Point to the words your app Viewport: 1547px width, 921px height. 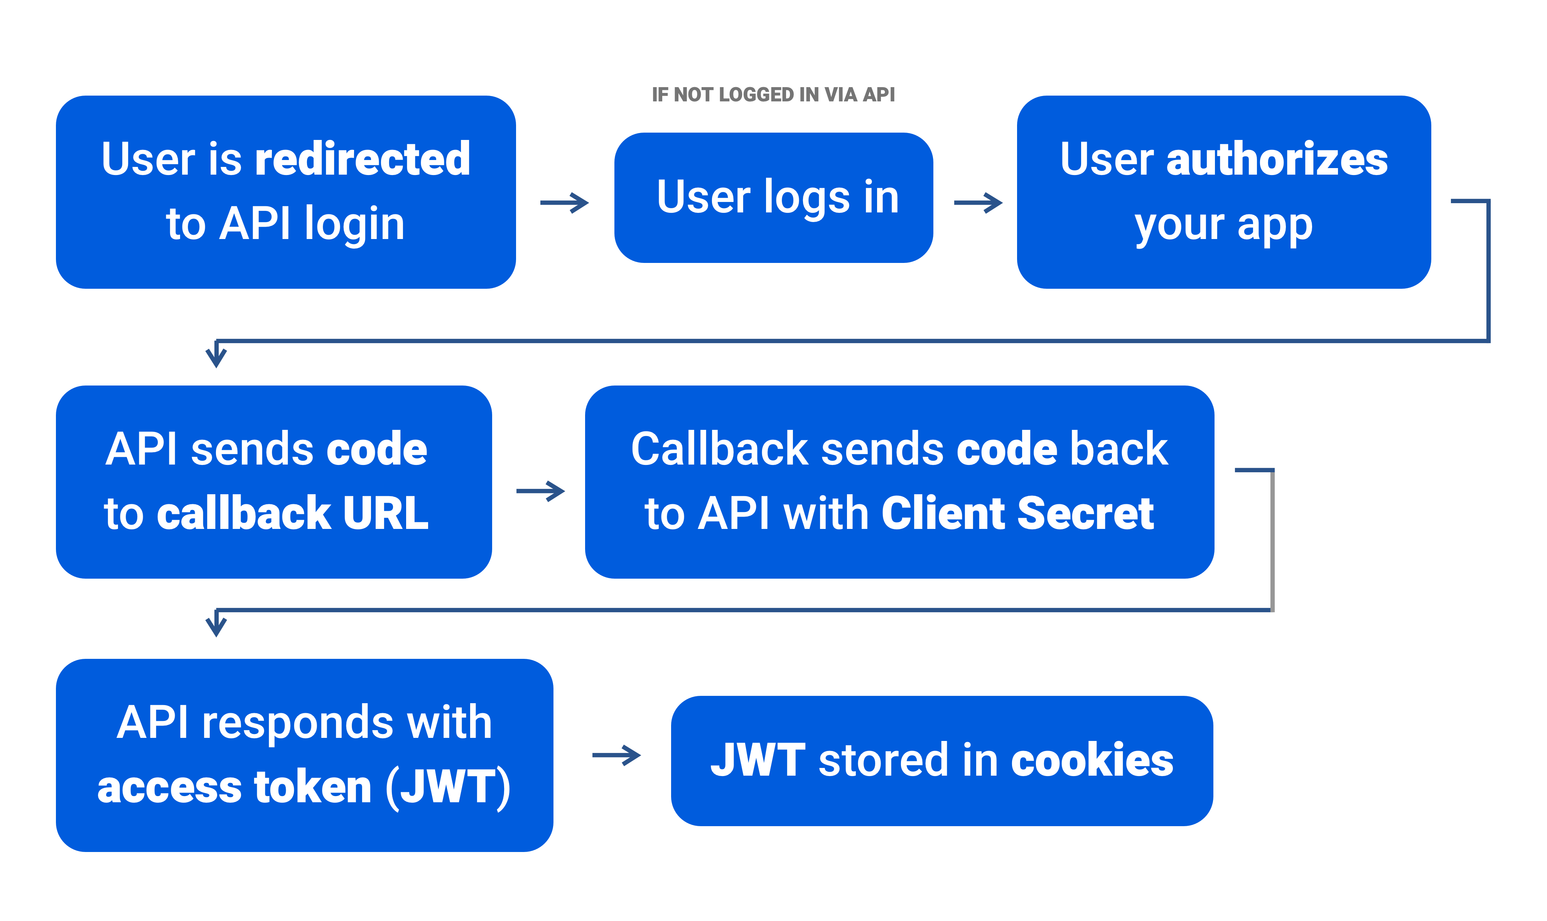click(1223, 225)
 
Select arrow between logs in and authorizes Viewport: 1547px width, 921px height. click(985, 203)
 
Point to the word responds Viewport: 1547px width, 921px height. click(298, 723)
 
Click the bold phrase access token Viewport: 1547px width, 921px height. click(234, 788)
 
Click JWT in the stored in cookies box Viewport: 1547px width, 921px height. click(758, 760)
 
